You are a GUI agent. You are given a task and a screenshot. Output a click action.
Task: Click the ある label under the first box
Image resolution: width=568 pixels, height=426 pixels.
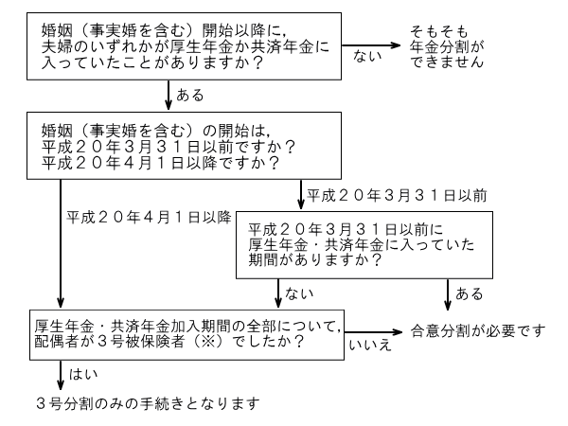(x=190, y=97)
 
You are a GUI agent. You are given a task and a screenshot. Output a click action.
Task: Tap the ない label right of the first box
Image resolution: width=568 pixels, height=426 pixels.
(x=364, y=58)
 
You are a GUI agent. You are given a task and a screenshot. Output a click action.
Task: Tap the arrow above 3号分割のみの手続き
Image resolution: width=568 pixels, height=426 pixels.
(x=62, y=374)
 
